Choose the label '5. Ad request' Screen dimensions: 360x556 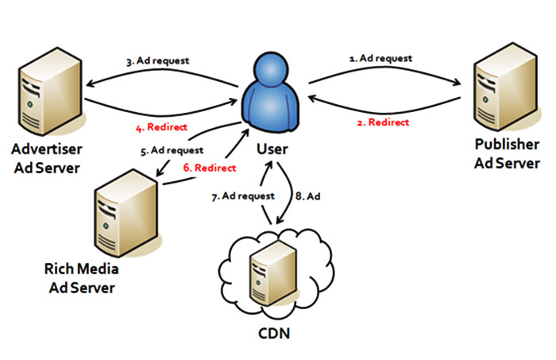173,149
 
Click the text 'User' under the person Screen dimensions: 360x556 272,149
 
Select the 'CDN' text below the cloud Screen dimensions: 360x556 274,332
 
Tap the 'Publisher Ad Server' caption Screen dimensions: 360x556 507,153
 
